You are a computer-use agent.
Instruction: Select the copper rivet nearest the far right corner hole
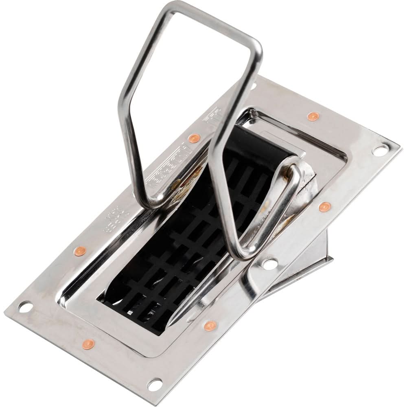[313, 116]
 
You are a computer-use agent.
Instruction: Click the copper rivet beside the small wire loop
[324, 207]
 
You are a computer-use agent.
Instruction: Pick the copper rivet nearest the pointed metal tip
[210, 325]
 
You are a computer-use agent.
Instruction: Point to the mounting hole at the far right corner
[379, 151]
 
